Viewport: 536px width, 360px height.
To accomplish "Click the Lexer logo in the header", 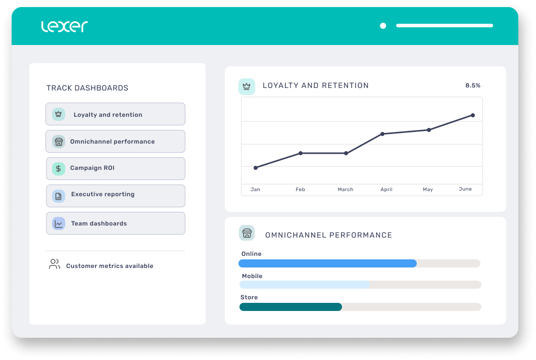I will tap(64, 26).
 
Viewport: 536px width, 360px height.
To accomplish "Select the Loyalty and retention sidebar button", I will tap(115, 114).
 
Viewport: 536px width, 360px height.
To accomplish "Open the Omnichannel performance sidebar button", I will tap(115, 142).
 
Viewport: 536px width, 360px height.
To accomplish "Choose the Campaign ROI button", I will tap(115, 168).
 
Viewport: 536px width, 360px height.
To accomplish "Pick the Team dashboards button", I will tap(115, 223).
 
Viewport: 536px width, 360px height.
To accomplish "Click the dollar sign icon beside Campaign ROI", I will tap(59, 168).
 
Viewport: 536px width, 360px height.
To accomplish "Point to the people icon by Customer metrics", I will tap(54, 264).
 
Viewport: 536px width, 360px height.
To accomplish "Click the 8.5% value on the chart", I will tap(472, 85).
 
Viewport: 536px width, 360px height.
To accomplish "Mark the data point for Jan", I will tap(256, 167).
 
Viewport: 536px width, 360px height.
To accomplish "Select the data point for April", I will tap(382, 134).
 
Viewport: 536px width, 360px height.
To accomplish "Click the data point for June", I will tap(473, 115).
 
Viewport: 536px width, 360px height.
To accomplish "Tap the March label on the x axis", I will tap(346, 190).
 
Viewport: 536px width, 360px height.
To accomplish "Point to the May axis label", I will tap(428, 190).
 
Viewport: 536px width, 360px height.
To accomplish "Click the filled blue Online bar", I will tap(327, 263).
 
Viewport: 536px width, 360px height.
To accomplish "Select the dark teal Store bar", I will tap(290, 307).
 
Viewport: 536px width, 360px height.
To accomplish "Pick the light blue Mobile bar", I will tap(304, 285).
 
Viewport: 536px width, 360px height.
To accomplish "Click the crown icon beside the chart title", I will tap(247, 86).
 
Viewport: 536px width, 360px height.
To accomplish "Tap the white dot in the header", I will tap(383, 26).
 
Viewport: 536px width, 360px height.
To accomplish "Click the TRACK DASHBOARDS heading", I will tap(87, 88).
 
